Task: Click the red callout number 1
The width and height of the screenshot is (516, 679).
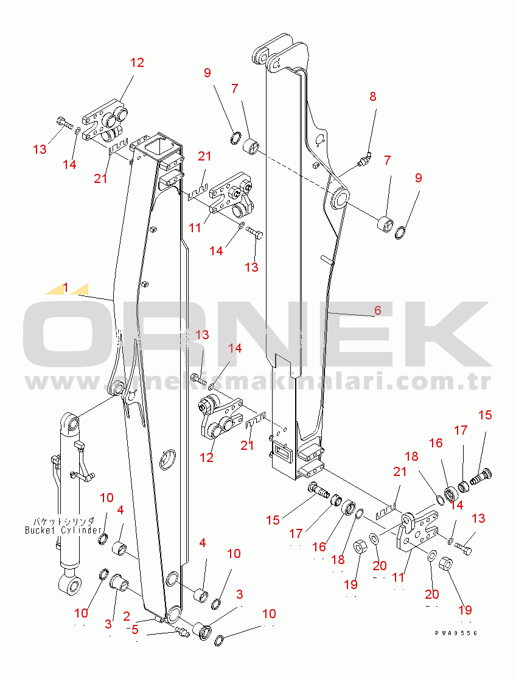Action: click(66, 286)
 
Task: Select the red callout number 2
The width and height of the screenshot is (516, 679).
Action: click(127, 616)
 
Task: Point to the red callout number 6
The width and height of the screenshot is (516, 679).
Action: click(377, 310)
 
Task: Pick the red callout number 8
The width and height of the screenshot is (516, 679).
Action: click(372, 96)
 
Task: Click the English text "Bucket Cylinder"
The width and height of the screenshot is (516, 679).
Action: click(63, 530)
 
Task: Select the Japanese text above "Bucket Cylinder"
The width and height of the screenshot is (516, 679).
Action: click(63, 521)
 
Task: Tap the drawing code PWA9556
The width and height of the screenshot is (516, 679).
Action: click(456, 633)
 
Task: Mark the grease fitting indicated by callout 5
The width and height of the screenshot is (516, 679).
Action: click(181, 632)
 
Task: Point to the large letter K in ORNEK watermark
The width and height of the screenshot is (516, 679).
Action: click(453, 334)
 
